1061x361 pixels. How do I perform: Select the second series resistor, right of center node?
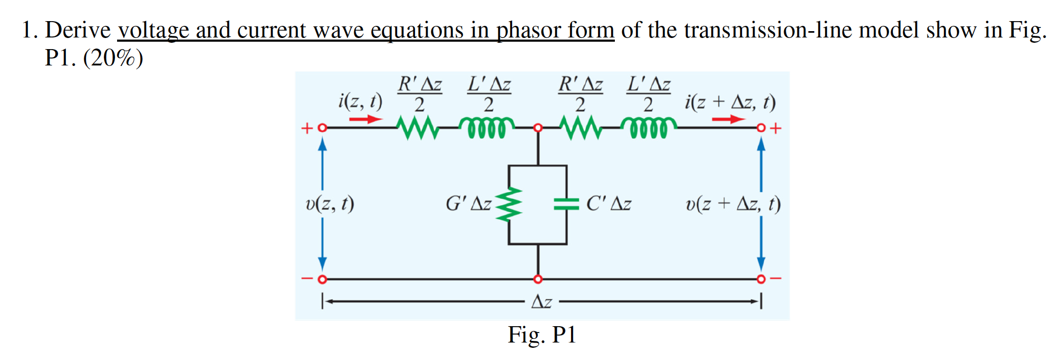(580, 128)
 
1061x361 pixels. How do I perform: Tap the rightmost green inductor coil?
(649, 128)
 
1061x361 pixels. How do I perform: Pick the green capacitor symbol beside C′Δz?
(566, 204)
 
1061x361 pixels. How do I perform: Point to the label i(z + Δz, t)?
(730, 101)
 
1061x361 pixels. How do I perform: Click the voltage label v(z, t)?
(330, 203)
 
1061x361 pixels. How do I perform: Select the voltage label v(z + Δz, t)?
(733, 203)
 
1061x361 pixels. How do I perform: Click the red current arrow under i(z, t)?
(365, 119)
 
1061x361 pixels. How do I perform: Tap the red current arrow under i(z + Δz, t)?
(728, 119)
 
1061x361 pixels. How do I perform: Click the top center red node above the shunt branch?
(537, 128)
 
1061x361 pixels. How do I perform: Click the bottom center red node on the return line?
(537, 279)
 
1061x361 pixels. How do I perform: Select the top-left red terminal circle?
(322, 128)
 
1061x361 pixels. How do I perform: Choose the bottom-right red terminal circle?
(760, 279)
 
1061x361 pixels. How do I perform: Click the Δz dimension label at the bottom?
(542, 302)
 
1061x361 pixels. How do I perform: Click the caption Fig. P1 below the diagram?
(542, 335)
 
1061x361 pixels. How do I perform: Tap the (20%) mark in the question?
(113, 58)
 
